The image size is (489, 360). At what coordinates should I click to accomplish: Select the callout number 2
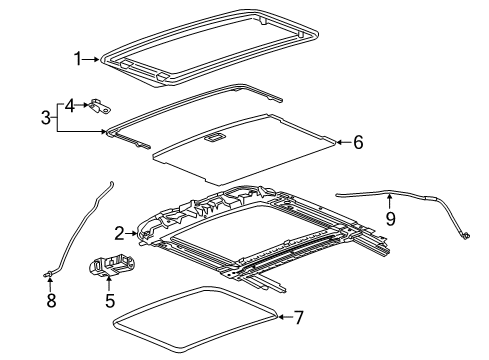pos(119,234)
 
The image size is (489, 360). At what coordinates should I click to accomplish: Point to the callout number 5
pos(110,300)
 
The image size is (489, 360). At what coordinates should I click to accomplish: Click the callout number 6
pos(357,143)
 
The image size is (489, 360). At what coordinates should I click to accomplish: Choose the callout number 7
pos(296,318)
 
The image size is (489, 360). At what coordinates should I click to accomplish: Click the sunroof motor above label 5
pos(109,267)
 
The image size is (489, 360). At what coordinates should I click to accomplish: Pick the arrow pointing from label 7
pos(280,318)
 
